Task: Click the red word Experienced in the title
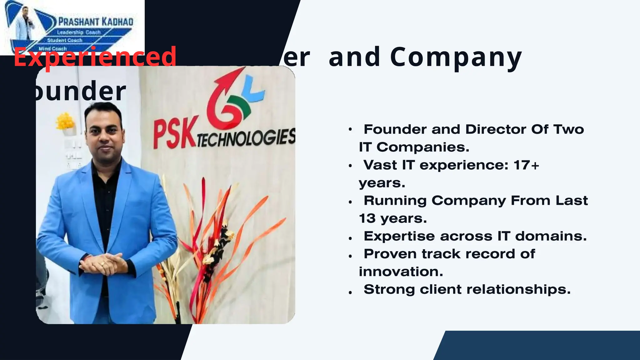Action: [95, 57]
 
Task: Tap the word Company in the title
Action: [456, 57]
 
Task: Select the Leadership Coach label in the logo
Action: [79, 32]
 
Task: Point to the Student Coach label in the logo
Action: [65, 40]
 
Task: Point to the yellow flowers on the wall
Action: [65, 121]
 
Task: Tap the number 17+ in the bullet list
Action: [526, 165]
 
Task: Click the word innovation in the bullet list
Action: [401, 272]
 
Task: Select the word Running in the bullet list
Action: [395, 201]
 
